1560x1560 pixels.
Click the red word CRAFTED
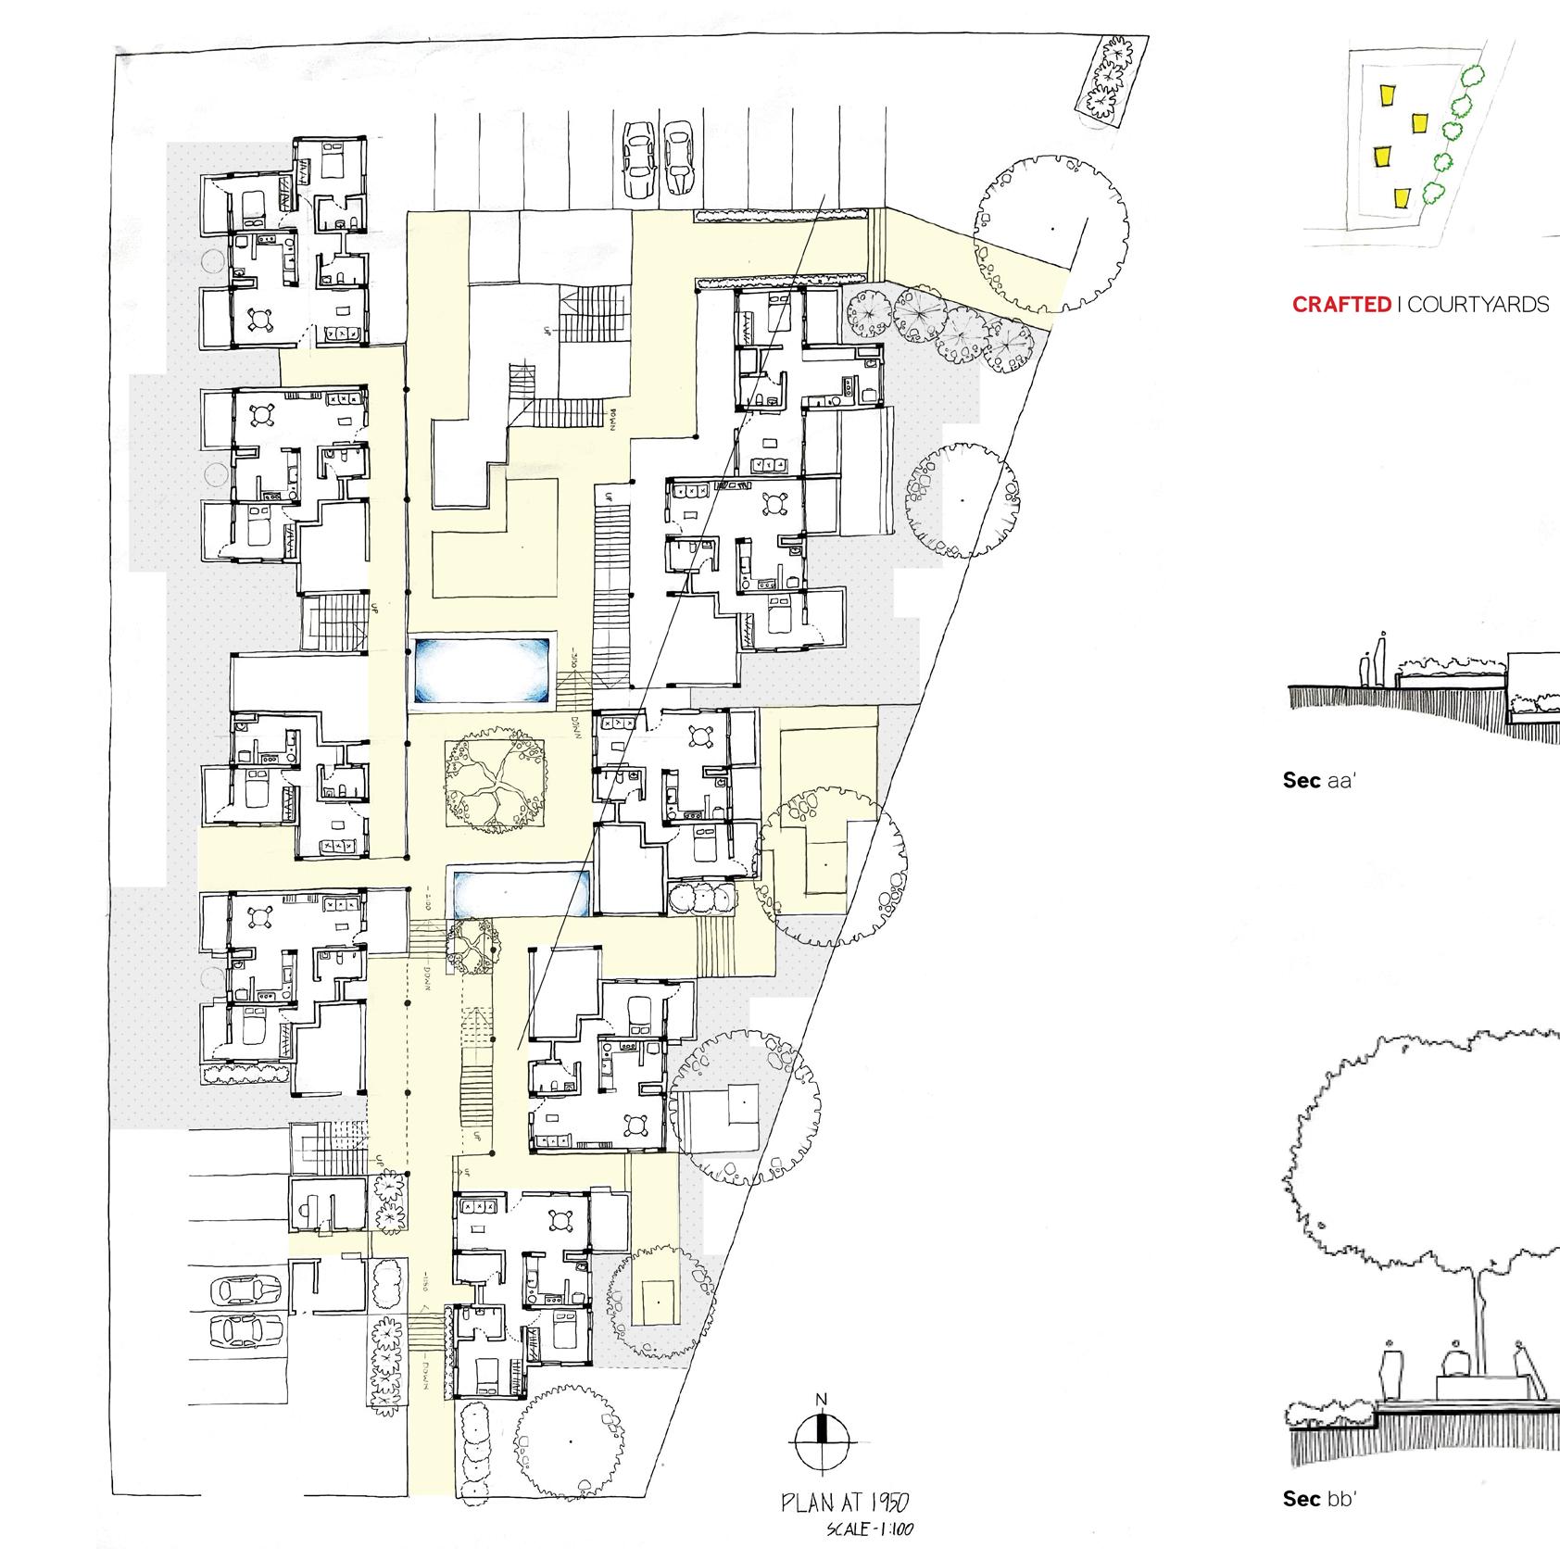[x=1341, y=305]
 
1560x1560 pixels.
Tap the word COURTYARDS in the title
[x=1478, y=305]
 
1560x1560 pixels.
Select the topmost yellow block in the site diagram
[x=1387, y=96]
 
